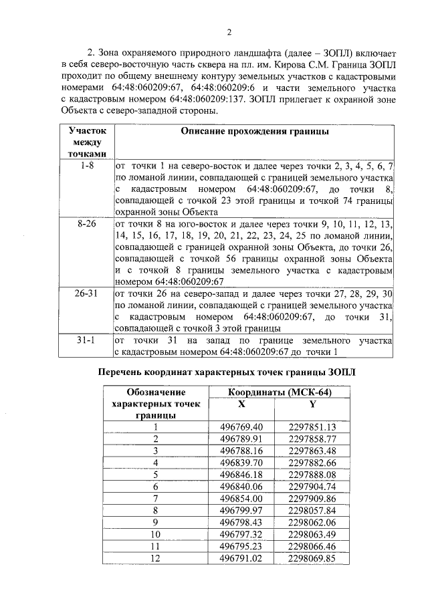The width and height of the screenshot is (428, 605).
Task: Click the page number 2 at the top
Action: (x=229, y=32)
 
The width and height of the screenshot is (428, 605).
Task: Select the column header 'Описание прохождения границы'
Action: (x=255, y=132)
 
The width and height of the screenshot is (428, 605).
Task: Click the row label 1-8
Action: (x=86, y=165)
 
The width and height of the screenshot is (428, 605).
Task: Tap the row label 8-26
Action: (x=86, y=224)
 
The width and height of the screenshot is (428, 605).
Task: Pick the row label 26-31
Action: (x=86, y=294)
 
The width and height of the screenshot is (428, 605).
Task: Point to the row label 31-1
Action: (x=86, y=341)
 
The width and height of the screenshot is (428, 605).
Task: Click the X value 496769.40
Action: (x=241, y=427)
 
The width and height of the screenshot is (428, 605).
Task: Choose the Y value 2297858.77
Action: (x=312, y=439)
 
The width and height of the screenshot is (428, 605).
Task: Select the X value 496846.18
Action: (x=241, y=474)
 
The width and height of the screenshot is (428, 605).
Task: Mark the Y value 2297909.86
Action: (x=312, y=498)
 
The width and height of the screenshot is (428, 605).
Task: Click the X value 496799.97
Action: (x=241, y=510)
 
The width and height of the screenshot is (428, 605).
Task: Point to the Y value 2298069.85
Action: (x=312, y=558)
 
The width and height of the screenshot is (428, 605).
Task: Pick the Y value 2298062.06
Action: (x=312, y=522)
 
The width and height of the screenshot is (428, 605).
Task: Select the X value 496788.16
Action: (x=241, y=451)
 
